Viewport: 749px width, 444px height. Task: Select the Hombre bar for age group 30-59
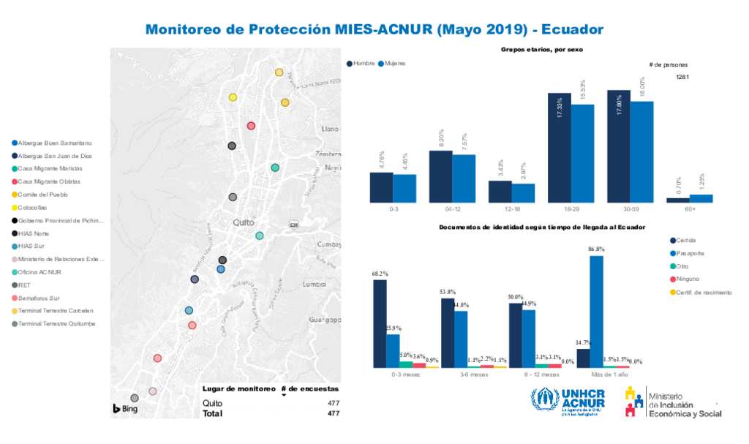[618, 146]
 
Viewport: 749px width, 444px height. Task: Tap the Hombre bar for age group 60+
[677, 200]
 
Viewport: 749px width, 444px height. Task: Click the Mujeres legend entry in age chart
[392, 64]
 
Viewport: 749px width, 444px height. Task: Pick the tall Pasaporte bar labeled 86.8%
[596, 311]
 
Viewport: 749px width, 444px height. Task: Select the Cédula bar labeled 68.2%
[380, 323]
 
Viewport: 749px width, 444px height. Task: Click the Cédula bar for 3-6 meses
[447, 333]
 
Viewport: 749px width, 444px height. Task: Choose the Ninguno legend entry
[688, 279]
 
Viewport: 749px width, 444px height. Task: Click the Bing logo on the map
[126, 408]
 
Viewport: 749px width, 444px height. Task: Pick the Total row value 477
[333, 413]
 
